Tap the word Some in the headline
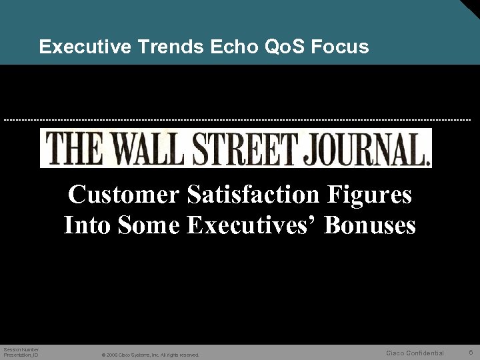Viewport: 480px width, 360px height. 147,225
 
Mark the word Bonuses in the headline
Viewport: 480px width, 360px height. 370,225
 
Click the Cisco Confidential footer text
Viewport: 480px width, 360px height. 415,353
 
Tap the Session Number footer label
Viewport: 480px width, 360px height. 21,349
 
